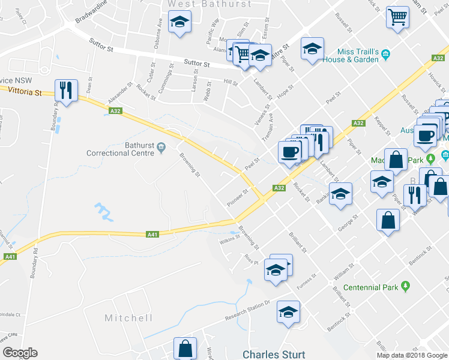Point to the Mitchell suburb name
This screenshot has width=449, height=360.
tap(128, 318)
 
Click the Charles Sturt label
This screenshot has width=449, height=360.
tap(274, 355)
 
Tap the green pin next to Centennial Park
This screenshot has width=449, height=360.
tap(406, 286)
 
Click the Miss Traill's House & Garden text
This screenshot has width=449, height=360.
tap(349, 56)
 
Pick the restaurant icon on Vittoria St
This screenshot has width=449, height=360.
tap(65, 91)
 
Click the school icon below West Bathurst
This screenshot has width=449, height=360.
tap(179, 23)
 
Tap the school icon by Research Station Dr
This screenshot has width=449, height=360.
tap(288, 312)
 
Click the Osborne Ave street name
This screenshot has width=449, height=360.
tap(159, 28)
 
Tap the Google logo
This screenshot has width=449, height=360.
tap(20, 353)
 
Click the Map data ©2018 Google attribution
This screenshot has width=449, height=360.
tap(411, 355)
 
